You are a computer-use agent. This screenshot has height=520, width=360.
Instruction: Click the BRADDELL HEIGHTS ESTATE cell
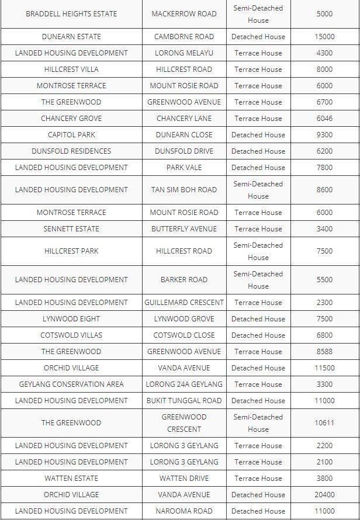coord(71,14)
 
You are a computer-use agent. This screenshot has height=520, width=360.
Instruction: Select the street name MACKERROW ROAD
coord(184,14)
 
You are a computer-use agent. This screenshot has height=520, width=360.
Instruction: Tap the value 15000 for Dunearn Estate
coord(324,36)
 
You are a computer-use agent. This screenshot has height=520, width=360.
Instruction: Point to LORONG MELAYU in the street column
coord(184,53)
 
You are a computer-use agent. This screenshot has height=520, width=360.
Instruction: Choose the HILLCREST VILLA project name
coord(71,69)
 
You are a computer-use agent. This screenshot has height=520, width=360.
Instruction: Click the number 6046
coord(324,118)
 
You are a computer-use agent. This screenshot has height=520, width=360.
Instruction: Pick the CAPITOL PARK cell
coord(71,134)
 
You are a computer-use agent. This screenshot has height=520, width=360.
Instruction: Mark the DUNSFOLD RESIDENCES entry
coord(71,151)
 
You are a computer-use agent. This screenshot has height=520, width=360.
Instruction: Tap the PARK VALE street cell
coord(184,167)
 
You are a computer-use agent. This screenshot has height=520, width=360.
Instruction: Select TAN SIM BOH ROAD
coord(184,190)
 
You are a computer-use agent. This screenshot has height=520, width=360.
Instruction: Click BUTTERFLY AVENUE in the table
coord(184,228)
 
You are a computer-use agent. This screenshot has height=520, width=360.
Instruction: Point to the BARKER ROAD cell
coord(184,280)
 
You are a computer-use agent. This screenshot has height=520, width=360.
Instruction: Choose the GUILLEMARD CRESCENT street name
coord(184,302)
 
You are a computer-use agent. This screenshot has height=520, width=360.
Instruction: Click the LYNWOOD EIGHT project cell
coord(71,318)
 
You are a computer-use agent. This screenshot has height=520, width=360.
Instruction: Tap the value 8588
coord(324,351)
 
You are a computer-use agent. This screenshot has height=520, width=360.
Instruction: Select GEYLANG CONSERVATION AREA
coord(71,384)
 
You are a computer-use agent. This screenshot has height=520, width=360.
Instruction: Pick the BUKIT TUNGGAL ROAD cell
coord(184,400)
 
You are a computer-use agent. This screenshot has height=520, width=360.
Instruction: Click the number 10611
coord(324,423)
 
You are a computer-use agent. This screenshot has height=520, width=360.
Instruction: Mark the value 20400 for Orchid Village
coord(324,494)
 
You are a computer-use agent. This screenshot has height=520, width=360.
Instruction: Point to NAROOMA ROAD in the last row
coord(184,511)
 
